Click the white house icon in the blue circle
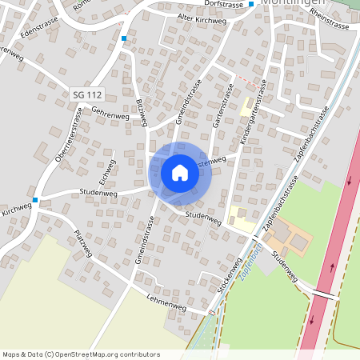[x=180, y=172]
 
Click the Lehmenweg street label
[x=166, y=303]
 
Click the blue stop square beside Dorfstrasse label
[x=251, y=4]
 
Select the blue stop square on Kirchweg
[x=35, y=200]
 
